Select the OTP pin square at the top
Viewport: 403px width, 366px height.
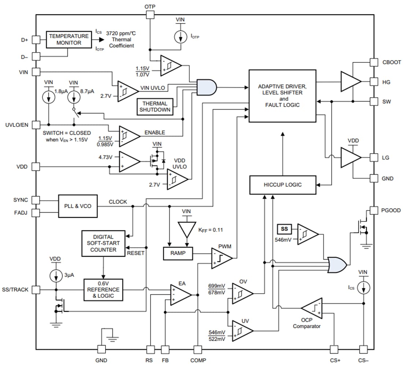(x=149, y=15)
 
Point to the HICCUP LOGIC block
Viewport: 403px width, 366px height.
(x=282, y=185)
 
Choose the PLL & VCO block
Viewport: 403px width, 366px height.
(x=78, y=206)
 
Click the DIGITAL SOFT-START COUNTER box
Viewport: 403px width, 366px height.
(x=103, y=244)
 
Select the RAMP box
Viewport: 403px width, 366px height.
(x=178, y=253)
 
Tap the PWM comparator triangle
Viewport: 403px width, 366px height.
(x=221, y=258)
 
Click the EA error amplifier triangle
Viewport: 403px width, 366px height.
(x=180, y=294)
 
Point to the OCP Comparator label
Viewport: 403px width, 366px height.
(x=307, y=326)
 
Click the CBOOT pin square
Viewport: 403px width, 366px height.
(x=374, y=62)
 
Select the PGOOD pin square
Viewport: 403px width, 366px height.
(x=374, y=210)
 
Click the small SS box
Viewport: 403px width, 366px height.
(x=284, y=229)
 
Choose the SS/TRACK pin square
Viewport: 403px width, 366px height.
(x=36, y=290)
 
